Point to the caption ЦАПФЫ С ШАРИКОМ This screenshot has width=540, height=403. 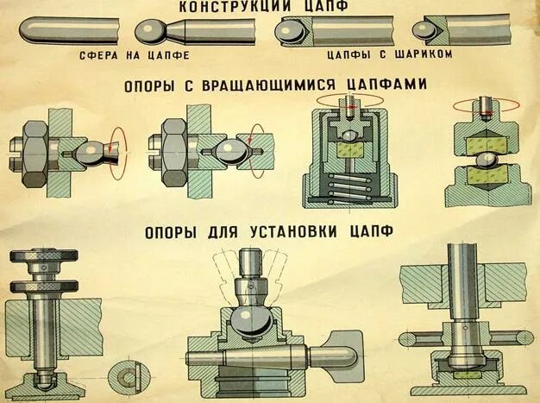point(373,54)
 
